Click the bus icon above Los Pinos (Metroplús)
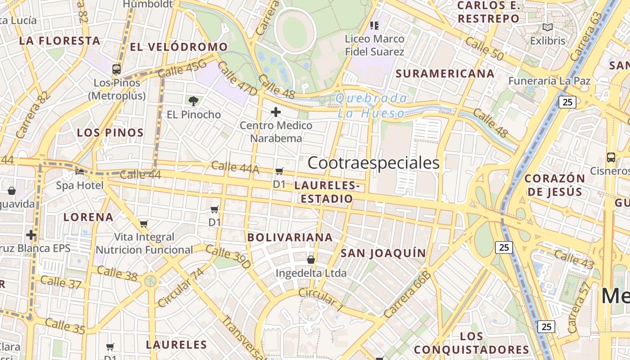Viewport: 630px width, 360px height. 117,69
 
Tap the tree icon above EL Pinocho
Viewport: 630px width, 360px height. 193,101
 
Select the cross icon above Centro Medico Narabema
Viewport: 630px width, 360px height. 276,112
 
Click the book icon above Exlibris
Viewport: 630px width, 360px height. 547,27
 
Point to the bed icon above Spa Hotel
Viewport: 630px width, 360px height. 80,171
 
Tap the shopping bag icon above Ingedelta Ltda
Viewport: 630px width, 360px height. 310,260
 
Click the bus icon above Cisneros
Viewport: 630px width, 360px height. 611,157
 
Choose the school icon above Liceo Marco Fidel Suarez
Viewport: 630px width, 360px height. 374,25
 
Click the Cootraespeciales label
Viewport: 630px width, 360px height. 373,163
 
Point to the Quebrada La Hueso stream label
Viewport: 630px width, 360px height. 372,106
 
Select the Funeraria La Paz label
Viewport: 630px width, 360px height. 549,81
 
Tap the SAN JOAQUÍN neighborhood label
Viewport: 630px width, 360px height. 383,253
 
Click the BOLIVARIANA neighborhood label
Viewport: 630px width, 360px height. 290,237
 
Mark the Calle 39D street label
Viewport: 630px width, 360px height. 228,256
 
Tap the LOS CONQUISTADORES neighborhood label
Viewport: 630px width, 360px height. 472,343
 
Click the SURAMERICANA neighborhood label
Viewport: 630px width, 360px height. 445,73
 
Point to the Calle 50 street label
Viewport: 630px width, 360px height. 484,49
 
